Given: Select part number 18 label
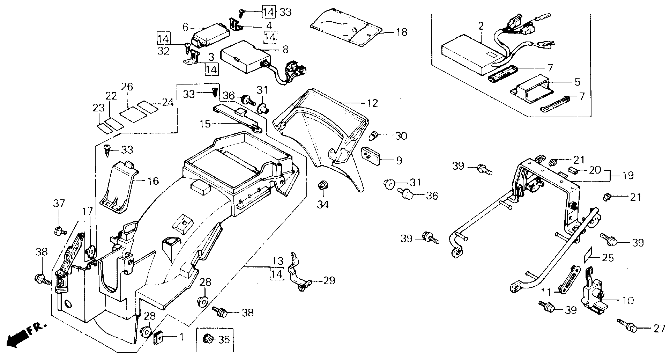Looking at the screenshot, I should pyautogui.click(x=402, y=32).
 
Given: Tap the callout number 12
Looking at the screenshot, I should pyautogui.click(x=372, y=103).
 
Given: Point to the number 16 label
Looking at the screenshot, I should pyautogui.click(x=153, y=181).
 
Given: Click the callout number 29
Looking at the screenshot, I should pyautogui.click(x=329, y=280).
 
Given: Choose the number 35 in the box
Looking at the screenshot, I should pyautogui.click(x=224, y=339).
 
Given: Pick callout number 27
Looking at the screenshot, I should pyautogui.click(x=659, y=329).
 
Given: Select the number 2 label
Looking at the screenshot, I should pyautogui.click(x=481, y=25).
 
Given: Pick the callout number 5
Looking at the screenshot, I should pyautogui.click(x=577, y=82).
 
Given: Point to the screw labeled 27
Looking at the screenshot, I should pyautogui.click(x=628, y=327).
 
